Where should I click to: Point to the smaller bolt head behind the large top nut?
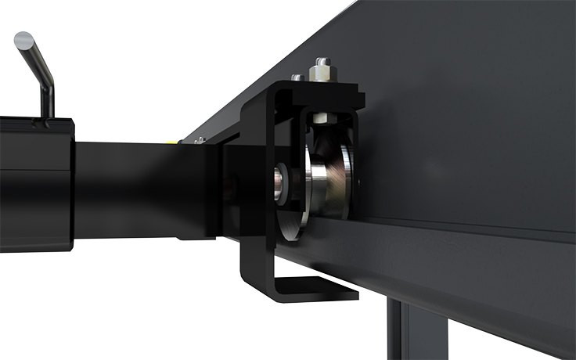pyautogui.click(x=297, y=77)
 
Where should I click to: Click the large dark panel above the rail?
pyautogui.click(x=470, y=117)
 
